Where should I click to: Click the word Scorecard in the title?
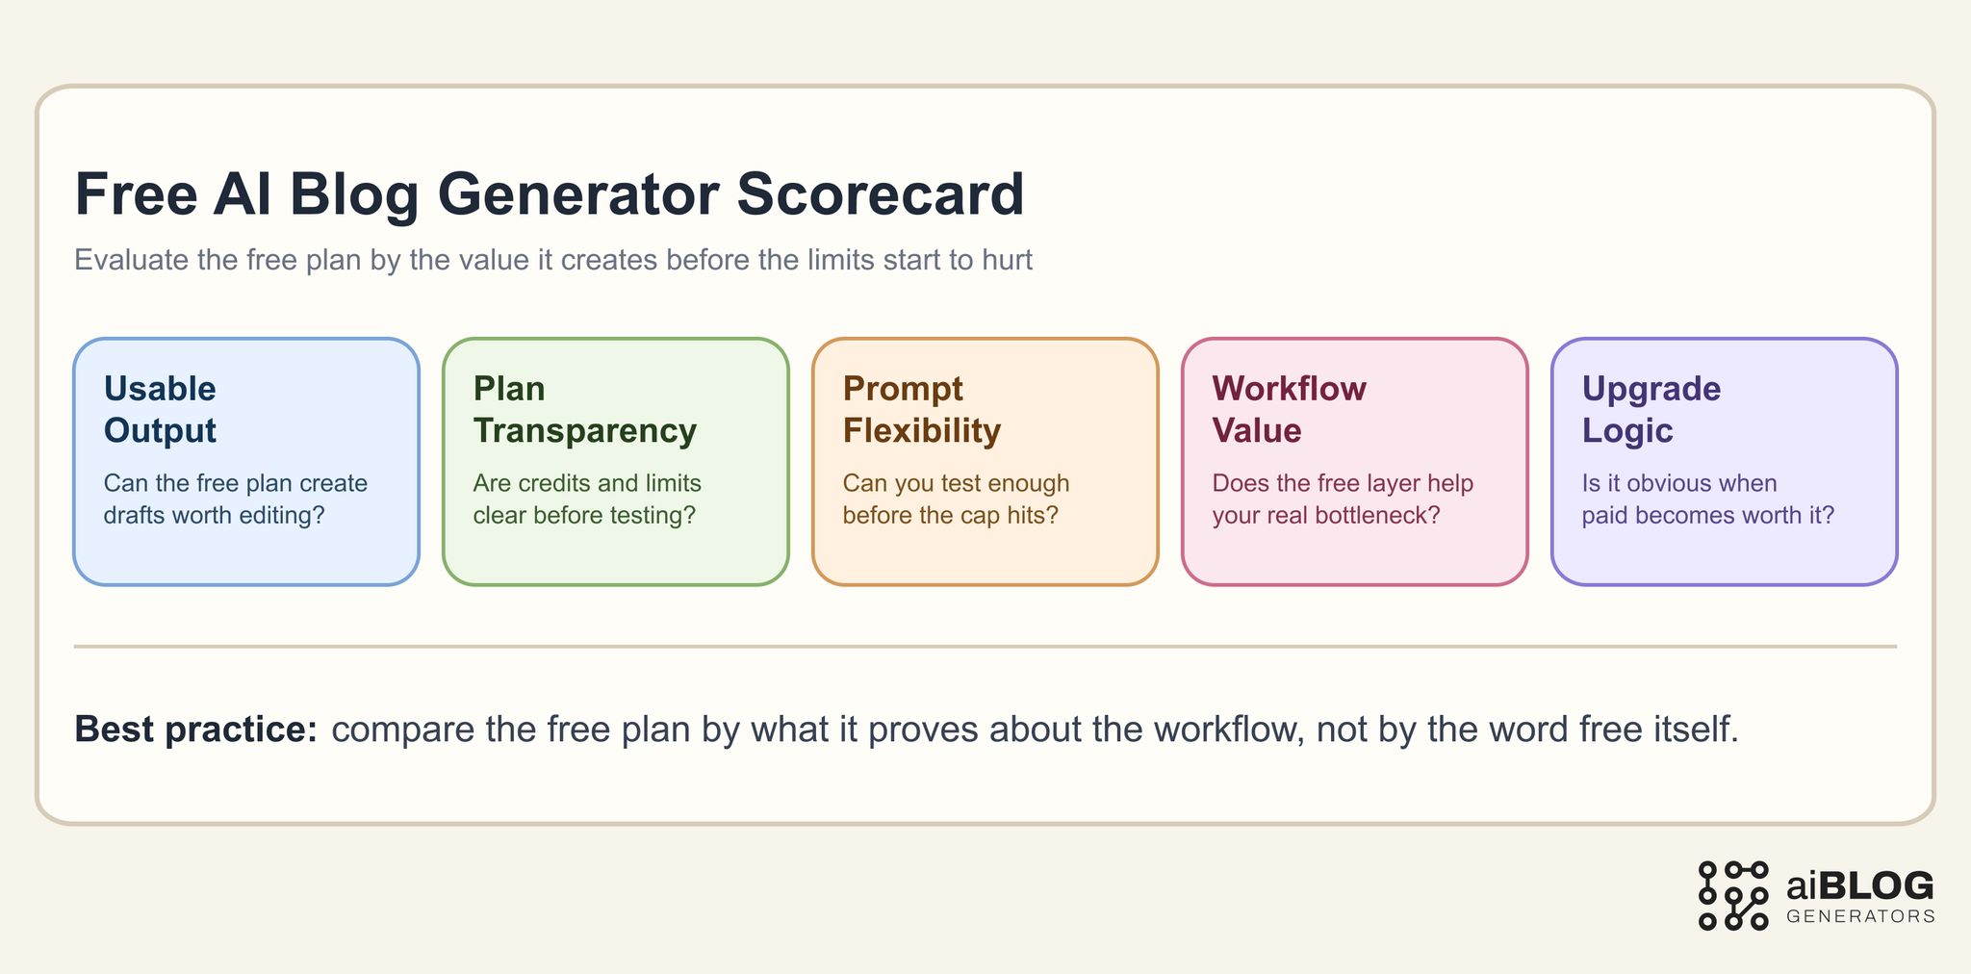pos(881,194)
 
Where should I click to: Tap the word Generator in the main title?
pos(578,194)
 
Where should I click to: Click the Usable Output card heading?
pos(160,409)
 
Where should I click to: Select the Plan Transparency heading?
pos(584,409)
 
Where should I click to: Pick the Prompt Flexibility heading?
pos(921,409)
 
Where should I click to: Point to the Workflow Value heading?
pos(1289,409)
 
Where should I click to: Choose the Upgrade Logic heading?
pos(1651,409)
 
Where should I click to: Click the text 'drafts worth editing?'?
pos(214,515)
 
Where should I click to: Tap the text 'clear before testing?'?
pos(583,515)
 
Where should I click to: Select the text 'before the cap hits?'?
pos(950,515)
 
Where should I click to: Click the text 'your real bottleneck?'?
pos(1325,515)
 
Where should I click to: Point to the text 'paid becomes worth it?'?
pos(1707,515)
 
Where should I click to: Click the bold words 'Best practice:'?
pos(195,730)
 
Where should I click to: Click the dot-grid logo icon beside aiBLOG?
pos(1732,895)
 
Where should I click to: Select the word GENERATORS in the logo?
pos(1859,916)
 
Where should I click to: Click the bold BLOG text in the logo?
pos(1877,884)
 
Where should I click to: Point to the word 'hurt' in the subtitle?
pos(1007,260)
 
